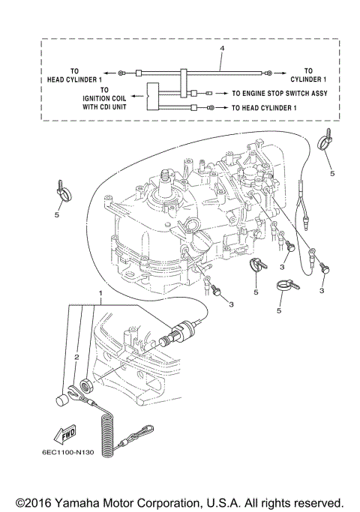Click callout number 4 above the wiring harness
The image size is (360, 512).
click(x=222, y=48)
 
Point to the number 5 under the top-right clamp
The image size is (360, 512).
click(x=331, y=173)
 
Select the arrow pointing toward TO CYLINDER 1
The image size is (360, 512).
click(x=278, y=73)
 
